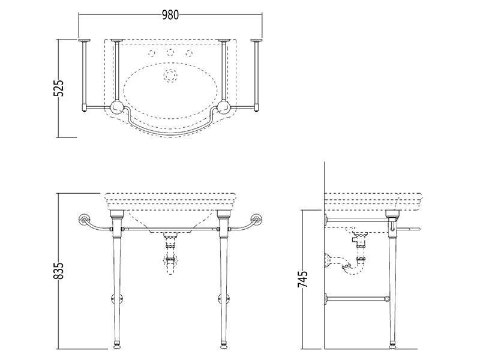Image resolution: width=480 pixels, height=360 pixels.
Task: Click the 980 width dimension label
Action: [170, 14]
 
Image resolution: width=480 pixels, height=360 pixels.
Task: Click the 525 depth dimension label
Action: [59, 88]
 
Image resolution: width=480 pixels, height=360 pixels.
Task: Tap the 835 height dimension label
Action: [59, 271]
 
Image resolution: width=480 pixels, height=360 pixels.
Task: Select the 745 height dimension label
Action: [303, 279]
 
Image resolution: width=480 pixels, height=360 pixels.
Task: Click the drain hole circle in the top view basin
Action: [170, 75]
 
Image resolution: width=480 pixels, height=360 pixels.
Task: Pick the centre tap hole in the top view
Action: [170, 53]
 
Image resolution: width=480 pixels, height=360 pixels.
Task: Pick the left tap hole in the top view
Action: [152, 53]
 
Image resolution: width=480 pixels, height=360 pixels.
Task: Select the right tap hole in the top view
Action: [190, 53]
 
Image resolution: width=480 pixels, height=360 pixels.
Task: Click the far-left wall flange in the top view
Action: [84, 40]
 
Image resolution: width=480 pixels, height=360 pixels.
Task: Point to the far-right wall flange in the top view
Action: [257, 40]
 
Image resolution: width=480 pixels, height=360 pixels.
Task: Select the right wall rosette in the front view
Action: [257, 219]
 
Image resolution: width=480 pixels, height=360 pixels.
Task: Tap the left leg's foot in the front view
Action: [116, 347]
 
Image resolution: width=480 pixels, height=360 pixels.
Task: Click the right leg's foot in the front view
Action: [224, 347]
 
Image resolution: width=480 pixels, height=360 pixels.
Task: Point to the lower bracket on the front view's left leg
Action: [116, 298]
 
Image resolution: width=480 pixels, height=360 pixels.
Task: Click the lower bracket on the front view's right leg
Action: [224, 298]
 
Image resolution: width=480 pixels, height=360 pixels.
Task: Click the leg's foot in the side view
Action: [392, 346]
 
